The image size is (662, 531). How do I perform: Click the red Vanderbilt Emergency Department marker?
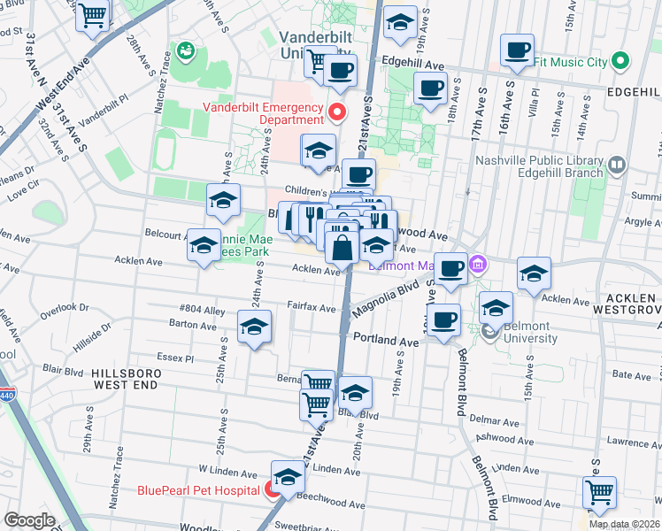pos(336,112)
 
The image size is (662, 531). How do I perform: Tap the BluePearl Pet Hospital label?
pos(198,489)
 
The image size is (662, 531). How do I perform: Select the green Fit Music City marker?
pos(620,62)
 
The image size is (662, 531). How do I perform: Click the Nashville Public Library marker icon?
pos(617,165)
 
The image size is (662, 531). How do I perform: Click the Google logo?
pos(29,520)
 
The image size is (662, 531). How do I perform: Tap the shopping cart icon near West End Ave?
pos(93,15)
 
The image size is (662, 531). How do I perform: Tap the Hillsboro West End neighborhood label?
pos(124,380)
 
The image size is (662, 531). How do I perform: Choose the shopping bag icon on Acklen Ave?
pos(342,248)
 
